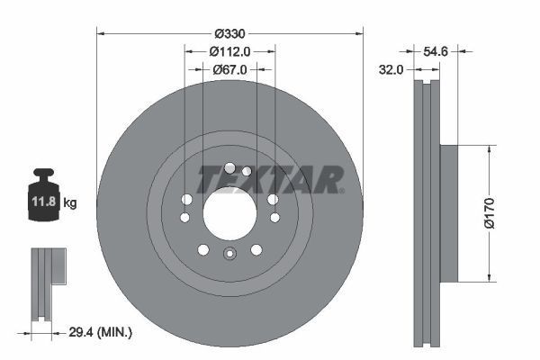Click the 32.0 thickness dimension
point(390,67)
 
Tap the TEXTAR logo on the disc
point(270,179)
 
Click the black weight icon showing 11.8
point(44,191)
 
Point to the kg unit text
point(70,203)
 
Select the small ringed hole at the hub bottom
point(229,255)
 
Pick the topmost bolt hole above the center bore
point(230,166)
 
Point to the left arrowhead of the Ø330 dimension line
point(100,34)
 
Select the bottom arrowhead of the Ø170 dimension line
point(489,276)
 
